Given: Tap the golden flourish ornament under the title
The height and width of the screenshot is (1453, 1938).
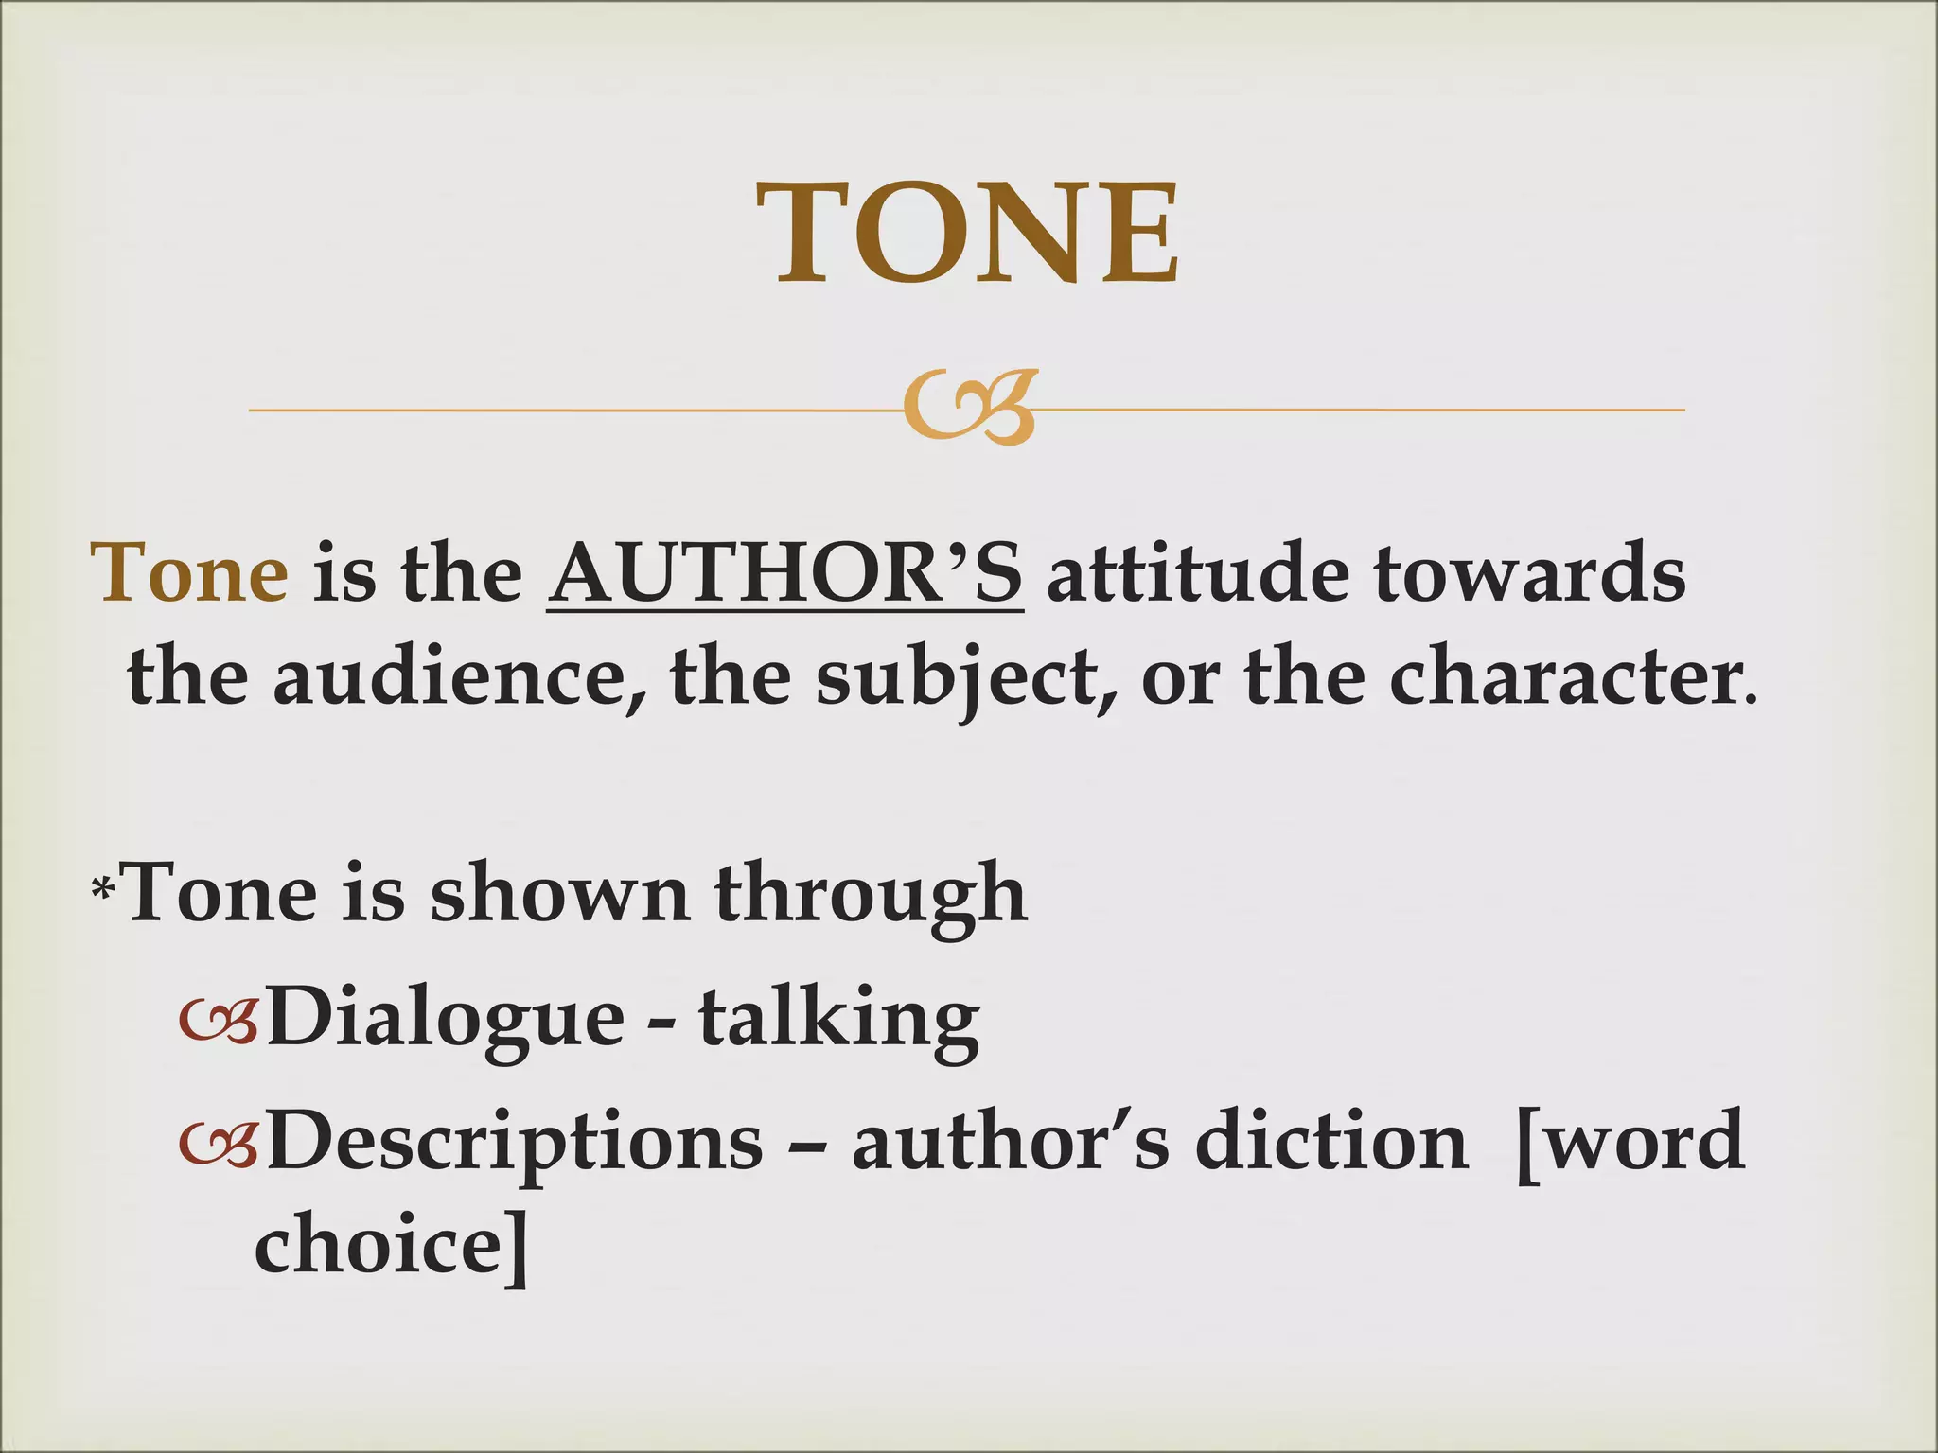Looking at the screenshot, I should (968, 409).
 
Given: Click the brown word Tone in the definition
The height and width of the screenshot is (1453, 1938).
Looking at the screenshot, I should (190, 574).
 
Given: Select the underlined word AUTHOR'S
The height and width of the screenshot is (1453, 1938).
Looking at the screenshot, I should (784, 574).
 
